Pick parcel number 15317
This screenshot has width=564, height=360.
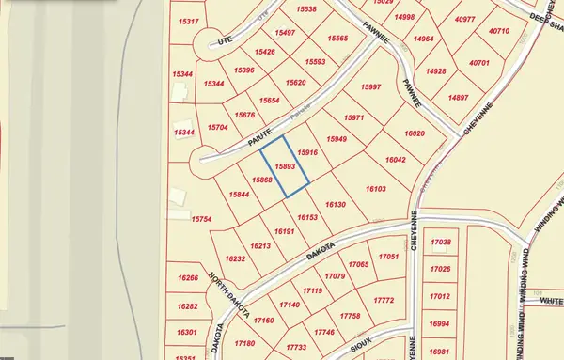tap(187, 21)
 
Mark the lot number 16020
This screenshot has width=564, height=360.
tap(415, 134)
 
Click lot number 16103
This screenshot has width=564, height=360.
tap(375, 189)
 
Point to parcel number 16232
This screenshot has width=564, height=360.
tap(236, 258)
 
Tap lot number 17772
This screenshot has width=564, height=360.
tap(382, 300)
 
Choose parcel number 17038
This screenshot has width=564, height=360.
tap(441, 243)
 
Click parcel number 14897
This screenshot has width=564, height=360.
tap(459, 98)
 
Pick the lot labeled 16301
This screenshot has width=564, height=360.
tap(187, 332)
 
